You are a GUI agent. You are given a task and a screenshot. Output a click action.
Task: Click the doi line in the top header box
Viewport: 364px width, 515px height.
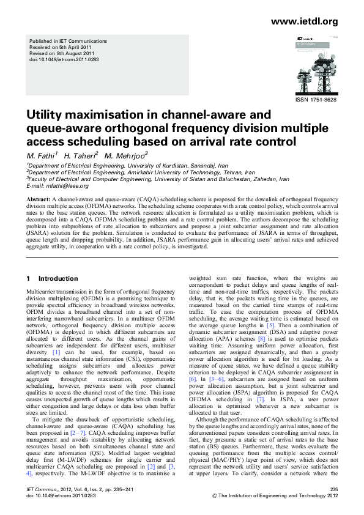point(64,60)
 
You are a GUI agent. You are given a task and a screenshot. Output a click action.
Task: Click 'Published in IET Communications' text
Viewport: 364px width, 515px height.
point(69,41)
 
